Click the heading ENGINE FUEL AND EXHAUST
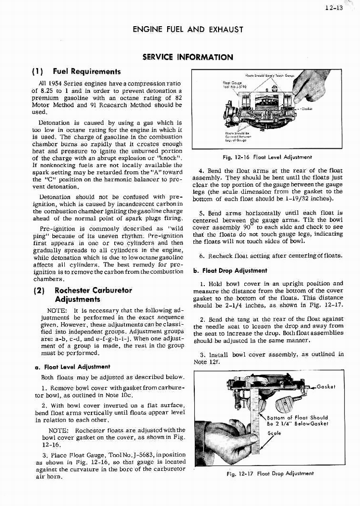[x=188, y=30]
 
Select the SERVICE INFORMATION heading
[x=187, y=57]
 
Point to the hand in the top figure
[x=309, y=84]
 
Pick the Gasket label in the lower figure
[x=326, y=386]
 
